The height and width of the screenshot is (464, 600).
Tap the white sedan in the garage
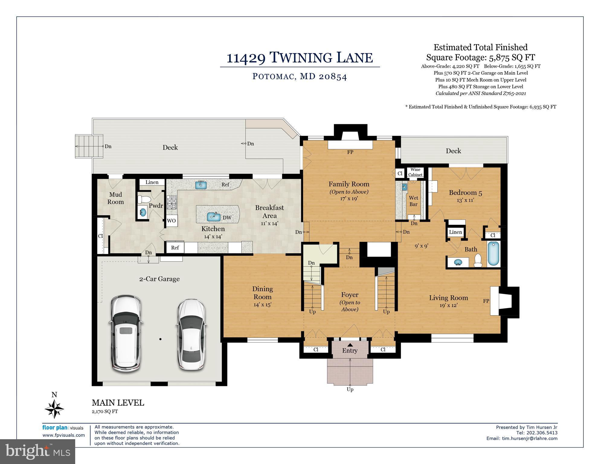pos(191,334)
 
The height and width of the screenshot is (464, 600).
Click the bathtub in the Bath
pos(493,254)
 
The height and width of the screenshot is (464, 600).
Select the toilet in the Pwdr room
pos(143,200)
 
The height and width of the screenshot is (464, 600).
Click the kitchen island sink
pos(213,216)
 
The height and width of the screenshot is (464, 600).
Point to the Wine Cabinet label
pos(415,172)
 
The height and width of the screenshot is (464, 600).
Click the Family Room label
pos(349,184)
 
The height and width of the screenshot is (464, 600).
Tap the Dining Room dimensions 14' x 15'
pos(262,305)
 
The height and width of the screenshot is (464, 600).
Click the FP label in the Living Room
pos(486,301)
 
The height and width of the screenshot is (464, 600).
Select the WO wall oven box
pos(171,221)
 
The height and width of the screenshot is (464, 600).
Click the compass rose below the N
pos(54,409)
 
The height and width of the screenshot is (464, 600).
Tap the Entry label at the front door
pos(350,351)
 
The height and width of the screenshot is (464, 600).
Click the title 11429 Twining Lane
pos(300,57)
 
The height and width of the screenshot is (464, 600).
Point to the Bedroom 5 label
pos(465,193)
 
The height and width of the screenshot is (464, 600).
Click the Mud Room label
pos(116,198)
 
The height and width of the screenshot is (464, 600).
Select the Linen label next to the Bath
pos(455,232)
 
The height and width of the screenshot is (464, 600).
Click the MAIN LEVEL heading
pos(118,403)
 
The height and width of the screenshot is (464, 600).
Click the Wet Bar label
pos(413,201)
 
